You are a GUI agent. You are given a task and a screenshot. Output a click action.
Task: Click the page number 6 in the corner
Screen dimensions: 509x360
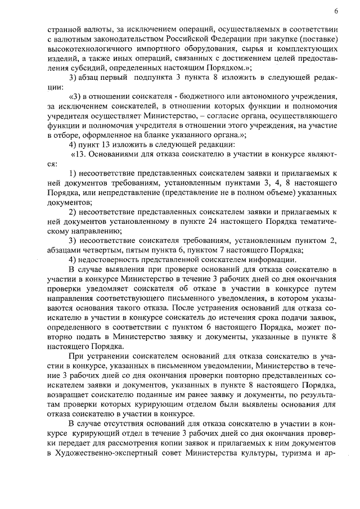336,11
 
